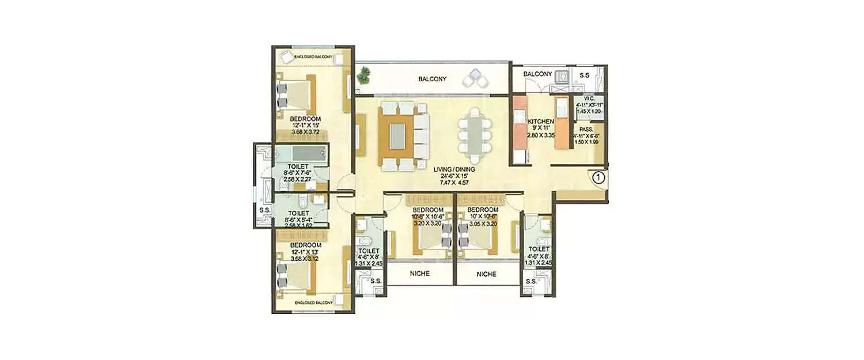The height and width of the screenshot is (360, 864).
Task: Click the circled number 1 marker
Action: [598, 177]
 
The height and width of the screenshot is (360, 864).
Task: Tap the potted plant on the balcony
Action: [364, 75]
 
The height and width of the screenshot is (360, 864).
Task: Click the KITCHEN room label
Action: [541, 122]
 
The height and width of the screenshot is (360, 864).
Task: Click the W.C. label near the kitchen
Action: [589, 98]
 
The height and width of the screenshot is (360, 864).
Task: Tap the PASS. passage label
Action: [587, 130]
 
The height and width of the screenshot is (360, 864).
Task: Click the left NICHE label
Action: [419, 274]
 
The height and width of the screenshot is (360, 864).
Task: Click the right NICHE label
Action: [487, 274]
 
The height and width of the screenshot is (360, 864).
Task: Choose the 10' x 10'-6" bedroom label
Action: [483, 210]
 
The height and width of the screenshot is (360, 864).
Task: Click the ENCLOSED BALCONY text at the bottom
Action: [313, 302]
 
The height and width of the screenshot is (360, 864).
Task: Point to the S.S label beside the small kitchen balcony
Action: [584, 75]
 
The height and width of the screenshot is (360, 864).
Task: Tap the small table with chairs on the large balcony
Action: [477, 77]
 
